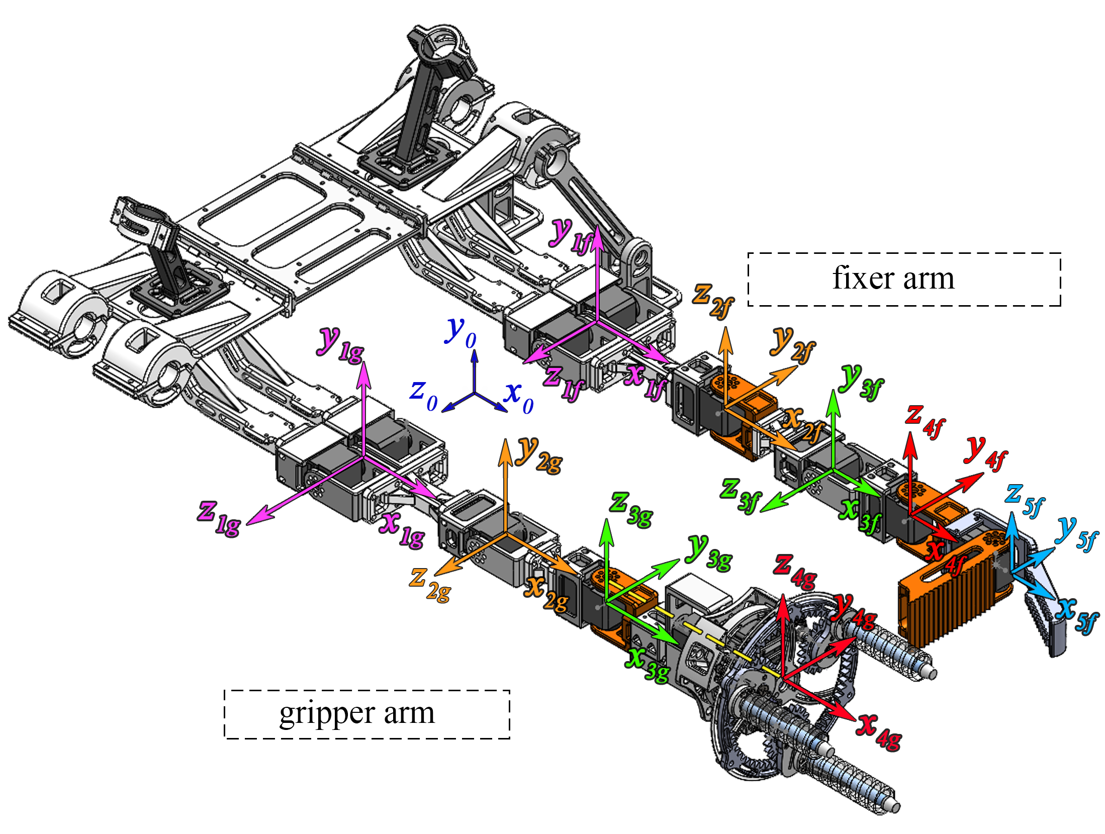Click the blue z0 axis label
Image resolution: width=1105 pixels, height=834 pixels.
[424, 396]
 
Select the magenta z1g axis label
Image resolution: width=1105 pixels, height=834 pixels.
[219, 519]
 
